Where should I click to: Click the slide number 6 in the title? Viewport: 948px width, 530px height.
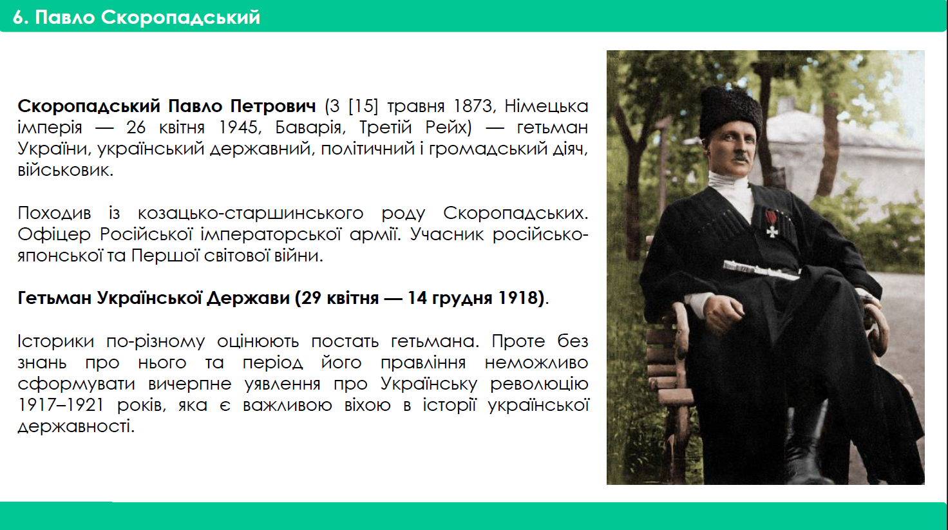click(x=19, y=17)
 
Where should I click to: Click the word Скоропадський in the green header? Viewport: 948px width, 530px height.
click(x=180, y=18)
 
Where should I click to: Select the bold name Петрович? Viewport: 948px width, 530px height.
click(x=273, y=106)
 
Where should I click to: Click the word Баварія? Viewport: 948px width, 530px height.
click(x=310, y=128)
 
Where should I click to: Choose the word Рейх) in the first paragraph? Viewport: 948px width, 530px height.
click(x=448, y=128)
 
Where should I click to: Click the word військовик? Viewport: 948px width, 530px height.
click(x=66, y=170)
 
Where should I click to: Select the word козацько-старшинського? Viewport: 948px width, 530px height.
click(x=251, y=213)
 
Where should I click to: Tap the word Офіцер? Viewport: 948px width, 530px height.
click(x=54, y=234)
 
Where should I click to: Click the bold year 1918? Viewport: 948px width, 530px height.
click(x=518, y=298)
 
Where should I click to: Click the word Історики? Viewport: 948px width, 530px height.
click(x=55, y=341)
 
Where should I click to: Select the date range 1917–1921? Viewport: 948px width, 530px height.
click(x=61, y=404)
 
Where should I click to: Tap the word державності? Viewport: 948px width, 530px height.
click(x=76, y=426)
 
